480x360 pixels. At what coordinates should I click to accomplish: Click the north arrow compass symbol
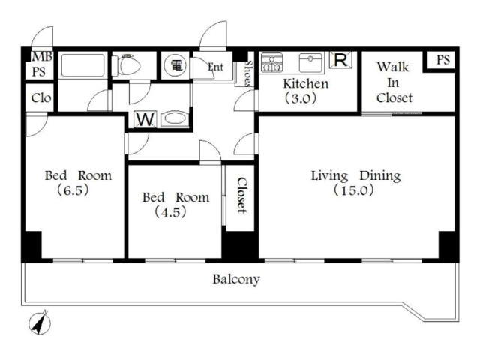tap(40, 322)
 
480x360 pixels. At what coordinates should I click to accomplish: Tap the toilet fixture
tap(126, 64)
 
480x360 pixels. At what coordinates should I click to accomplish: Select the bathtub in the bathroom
tap(82, 65)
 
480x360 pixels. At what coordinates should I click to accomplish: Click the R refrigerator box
tap(340, 60)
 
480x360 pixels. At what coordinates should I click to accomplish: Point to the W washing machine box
tap(145, 119)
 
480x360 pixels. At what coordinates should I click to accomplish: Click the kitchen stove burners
tap(271, 62)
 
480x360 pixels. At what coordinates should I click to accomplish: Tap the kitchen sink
tap(310, 62)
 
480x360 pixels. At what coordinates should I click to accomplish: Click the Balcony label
tap(236, 279)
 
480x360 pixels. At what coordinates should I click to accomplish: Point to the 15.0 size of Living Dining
tap(354, 190)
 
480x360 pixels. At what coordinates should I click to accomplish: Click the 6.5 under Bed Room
tap(73, 190)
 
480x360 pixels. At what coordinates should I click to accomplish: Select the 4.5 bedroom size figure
tap(170, 212)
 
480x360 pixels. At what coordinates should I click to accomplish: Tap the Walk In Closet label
tap(394, 82)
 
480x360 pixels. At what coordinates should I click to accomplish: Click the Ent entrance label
tap(215, 67)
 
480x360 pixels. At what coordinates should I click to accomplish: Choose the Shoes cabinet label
tap(248, 73)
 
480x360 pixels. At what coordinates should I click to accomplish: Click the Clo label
tap(41, 98)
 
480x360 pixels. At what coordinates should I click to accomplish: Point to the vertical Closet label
tap(241, 195)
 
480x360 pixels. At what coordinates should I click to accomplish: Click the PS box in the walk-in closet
tap(442, 60)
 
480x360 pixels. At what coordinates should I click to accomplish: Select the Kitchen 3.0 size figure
tap(301, 98)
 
